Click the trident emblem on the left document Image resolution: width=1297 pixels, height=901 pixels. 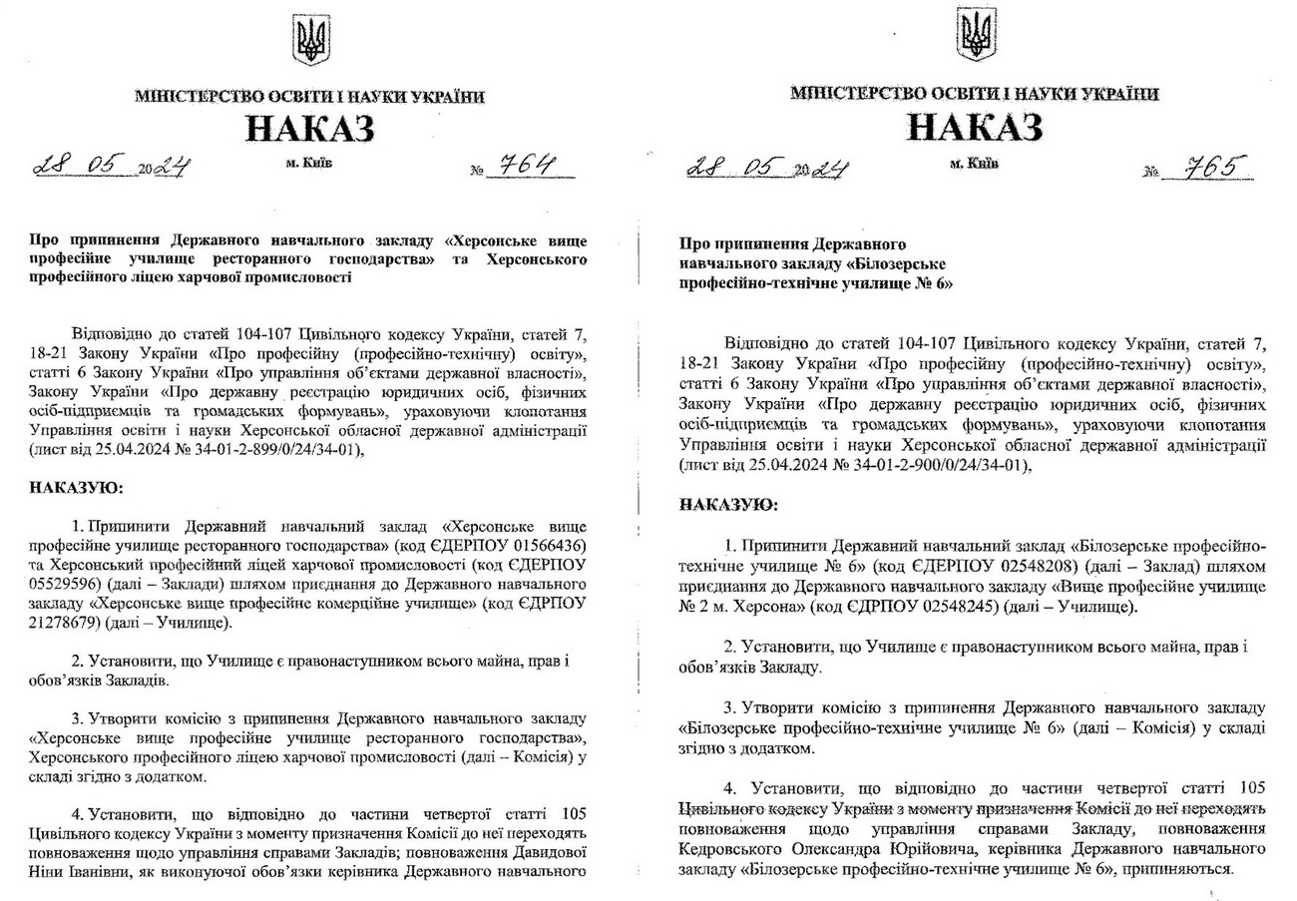[310, 40]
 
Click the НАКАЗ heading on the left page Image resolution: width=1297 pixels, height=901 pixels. [310, 130]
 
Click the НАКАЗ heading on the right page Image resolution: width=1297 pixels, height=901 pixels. [975, 127]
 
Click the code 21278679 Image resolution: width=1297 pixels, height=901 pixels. [68, 624]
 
